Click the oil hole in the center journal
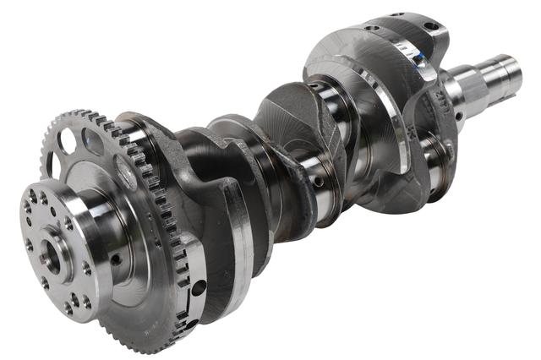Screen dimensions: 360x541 coord(319,181)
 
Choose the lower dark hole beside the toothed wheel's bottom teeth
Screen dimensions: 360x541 coord(192,324)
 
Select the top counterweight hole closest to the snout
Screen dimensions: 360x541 coord(432,27)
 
